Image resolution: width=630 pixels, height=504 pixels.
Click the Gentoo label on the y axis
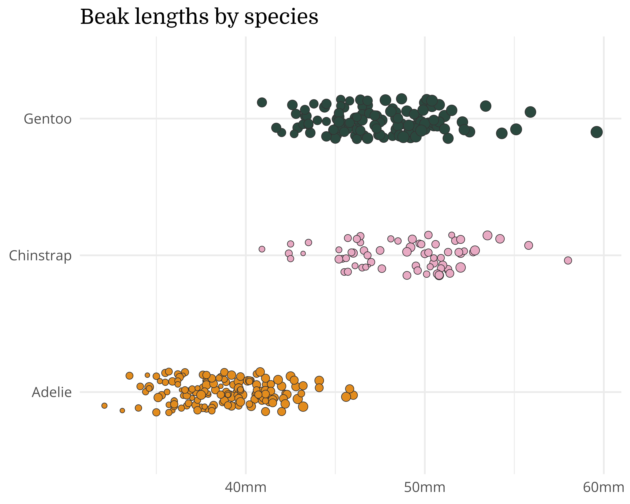point(48,119)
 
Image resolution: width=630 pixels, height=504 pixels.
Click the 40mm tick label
point(246,487)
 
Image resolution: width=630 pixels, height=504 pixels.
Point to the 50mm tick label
point(425,487)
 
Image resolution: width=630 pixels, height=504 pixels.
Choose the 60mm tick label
point(603,487)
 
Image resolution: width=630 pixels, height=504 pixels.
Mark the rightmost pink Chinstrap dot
point(568,260)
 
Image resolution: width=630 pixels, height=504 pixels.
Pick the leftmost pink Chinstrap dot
point(262,249)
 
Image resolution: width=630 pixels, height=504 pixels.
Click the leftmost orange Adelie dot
point(104,406)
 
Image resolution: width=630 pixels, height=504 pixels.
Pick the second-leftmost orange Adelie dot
point(122,411)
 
